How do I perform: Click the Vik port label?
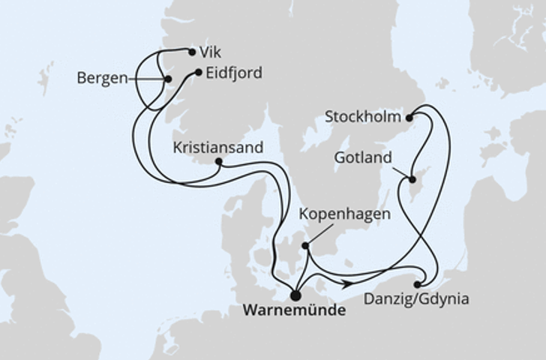pyautogui.click(x=211, y=53)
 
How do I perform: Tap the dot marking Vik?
pyautogui.click(x=192, y=52)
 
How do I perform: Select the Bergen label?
pyautogui.click(x=102, y=78)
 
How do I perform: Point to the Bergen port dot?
pyautogui.click(x=168, y=79)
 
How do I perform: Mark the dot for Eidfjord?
pyautogui.click(x=198, y=73)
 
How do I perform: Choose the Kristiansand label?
pyautogui.click(x=217, y=147)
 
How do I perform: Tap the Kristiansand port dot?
pyautogui.click(x=218, y=161)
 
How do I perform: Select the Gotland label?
pyautogui.click(x=364, y=158)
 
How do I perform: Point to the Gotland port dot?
pyautogui.click(x=412, y=178)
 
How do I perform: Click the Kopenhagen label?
pyautogui.click(x=345, y=214)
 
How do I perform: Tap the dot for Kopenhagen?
pyautogui.click(x=305, y=245)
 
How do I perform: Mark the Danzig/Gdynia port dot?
pyautogui.click(x=417, y=283)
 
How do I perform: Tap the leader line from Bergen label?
pyautogui.click(x=146, y=78)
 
